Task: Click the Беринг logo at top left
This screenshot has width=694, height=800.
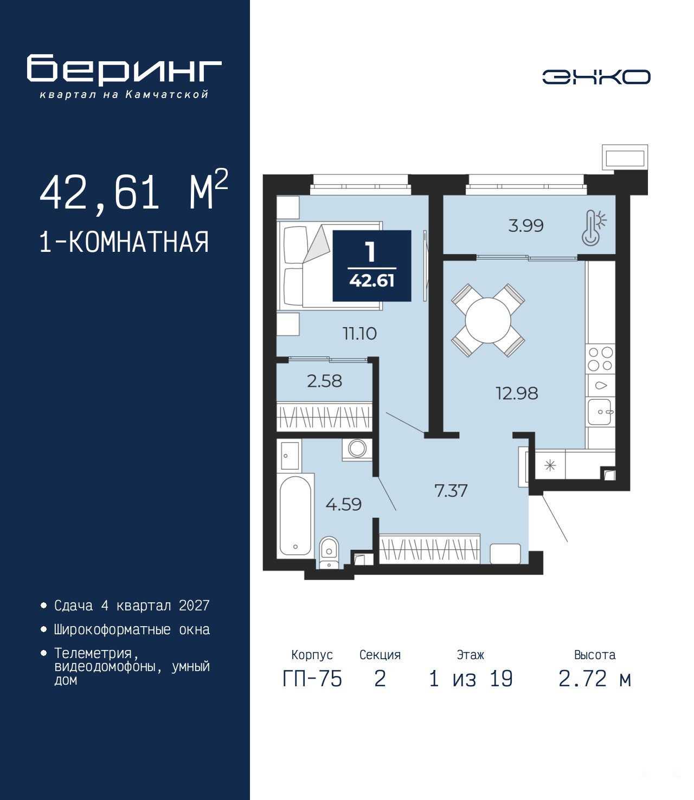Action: [x=124, y=76]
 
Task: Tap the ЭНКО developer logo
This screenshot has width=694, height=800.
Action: [x=596, y=77]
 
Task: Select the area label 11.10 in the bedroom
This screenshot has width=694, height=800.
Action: [x=359, y=334]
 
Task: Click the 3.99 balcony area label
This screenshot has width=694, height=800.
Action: [x=526, y=225]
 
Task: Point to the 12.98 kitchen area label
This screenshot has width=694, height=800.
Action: [x=517, y=394]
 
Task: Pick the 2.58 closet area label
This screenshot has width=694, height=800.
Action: [x=324, y=381]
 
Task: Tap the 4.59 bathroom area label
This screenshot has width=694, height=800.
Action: [x=343, y=504]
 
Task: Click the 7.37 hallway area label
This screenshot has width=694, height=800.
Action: [x=451, y=491]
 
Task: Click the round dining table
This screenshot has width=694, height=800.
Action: [x=488, y=321]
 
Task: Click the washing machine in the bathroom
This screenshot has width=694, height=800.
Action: [x=357, y=449]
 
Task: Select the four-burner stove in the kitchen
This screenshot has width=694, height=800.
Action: [x=600, y=359]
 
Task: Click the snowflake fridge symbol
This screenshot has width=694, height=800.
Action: [x=550, y=465]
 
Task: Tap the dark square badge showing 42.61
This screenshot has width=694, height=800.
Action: [x=371, y=265]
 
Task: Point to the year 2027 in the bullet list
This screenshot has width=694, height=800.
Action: [x=194, y=606]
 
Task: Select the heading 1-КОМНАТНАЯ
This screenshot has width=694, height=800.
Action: [x=124, y=242]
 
